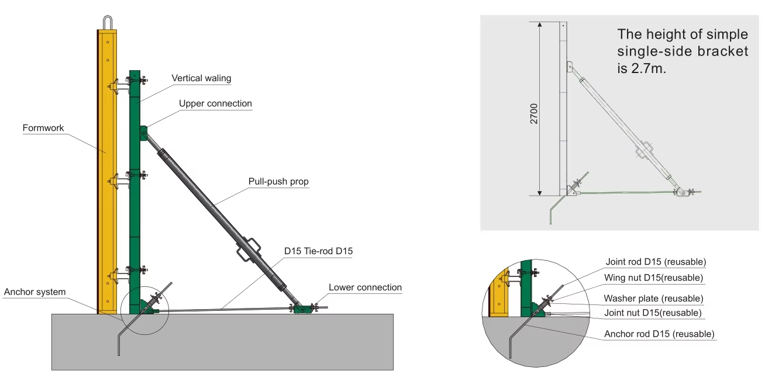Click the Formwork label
click(43, 127)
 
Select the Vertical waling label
click(201, 78)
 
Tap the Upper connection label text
click(215, 103)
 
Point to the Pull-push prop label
click(278, 181)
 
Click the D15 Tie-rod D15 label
click(319, 251)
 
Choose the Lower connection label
click(365, 287)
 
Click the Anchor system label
click(35, 292)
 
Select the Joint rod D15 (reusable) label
click(655, 261)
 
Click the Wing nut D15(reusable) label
click(653, 278)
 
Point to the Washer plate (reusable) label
click(653, 298)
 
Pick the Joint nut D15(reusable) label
click(652, 313)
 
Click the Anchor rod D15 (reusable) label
click(659, 334)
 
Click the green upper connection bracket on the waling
click(143, 133)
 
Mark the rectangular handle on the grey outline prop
click(646, 148)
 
